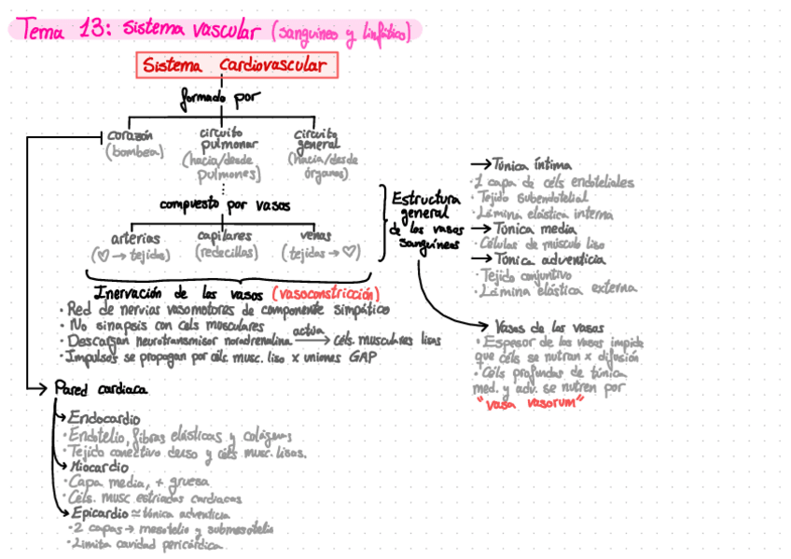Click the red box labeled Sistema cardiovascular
coord(237,65)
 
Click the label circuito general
coord(314,138)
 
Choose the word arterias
coord(135,237)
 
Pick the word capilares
coord(225,236)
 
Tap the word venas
coord(316,236)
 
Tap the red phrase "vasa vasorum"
coord(529,401)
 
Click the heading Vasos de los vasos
coord(549,328)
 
